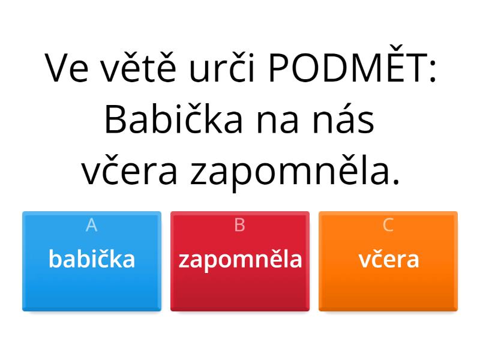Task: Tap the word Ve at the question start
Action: [67, 68]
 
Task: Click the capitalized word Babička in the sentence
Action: [173, 119]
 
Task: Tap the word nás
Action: [343, 119]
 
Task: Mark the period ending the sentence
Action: [396, 182]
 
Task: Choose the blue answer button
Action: [92, 261]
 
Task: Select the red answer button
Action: [240, 261]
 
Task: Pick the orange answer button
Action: [388, 261]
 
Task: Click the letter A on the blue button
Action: [92, 226]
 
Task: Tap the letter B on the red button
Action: [239, 226]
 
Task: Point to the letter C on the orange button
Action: [388, 226]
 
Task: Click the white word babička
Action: [92, 259]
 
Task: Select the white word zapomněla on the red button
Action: [241, 260]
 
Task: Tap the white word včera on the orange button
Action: [388, 259]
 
